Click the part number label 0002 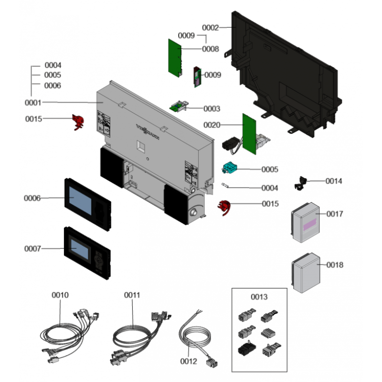click(x=210, y=28)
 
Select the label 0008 click(x=211, y=49)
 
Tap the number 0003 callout click(x=211, y=108)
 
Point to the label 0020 click(x=212, y=125)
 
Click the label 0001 click(x=33, y=102)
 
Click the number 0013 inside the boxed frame click(x=259, y=297)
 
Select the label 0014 click(x=334, y=181)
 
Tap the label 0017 click(x=335, y=214)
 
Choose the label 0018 click(x=335, y=265)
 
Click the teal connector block click(x=230, y=168)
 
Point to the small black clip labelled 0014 click(x=301, y=182)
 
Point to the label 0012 click(x=189, y=361)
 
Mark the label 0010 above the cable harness click(x=60, y=295)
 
